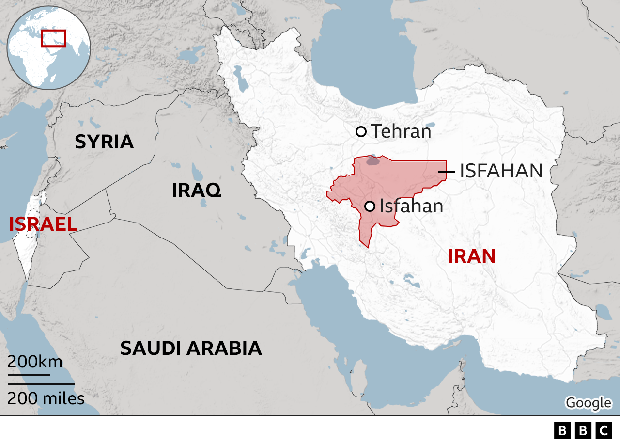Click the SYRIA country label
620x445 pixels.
click(104, 142)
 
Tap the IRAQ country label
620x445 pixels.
click(196, 191)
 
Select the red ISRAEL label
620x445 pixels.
click(43, 224)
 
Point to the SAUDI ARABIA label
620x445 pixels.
click(191, 348)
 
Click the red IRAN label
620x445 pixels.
click(471, 256)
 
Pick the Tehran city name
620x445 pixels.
click(401, 131)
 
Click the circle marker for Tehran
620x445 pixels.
click(361, 131)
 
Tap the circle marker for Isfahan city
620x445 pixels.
click(370, 207)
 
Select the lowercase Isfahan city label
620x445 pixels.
click(411, 207)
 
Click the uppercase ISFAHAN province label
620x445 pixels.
click(501, 171)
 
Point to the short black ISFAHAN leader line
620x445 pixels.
click(446, 171)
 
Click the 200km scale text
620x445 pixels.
click(35, 362)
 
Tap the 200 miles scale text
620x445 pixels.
click(46, 398)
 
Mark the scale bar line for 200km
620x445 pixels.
click(29, 375)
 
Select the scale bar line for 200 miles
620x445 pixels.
click(41, 384)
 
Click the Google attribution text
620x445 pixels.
click(588, 402)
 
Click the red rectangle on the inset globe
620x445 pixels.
click(53, 38)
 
